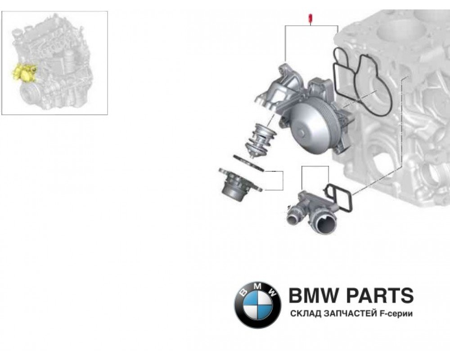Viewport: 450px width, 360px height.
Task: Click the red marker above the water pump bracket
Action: pos(310,19)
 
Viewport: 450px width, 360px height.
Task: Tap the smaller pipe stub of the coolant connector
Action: pos(294,215)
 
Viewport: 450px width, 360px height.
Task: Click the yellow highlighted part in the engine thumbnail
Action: pos(25,73)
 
